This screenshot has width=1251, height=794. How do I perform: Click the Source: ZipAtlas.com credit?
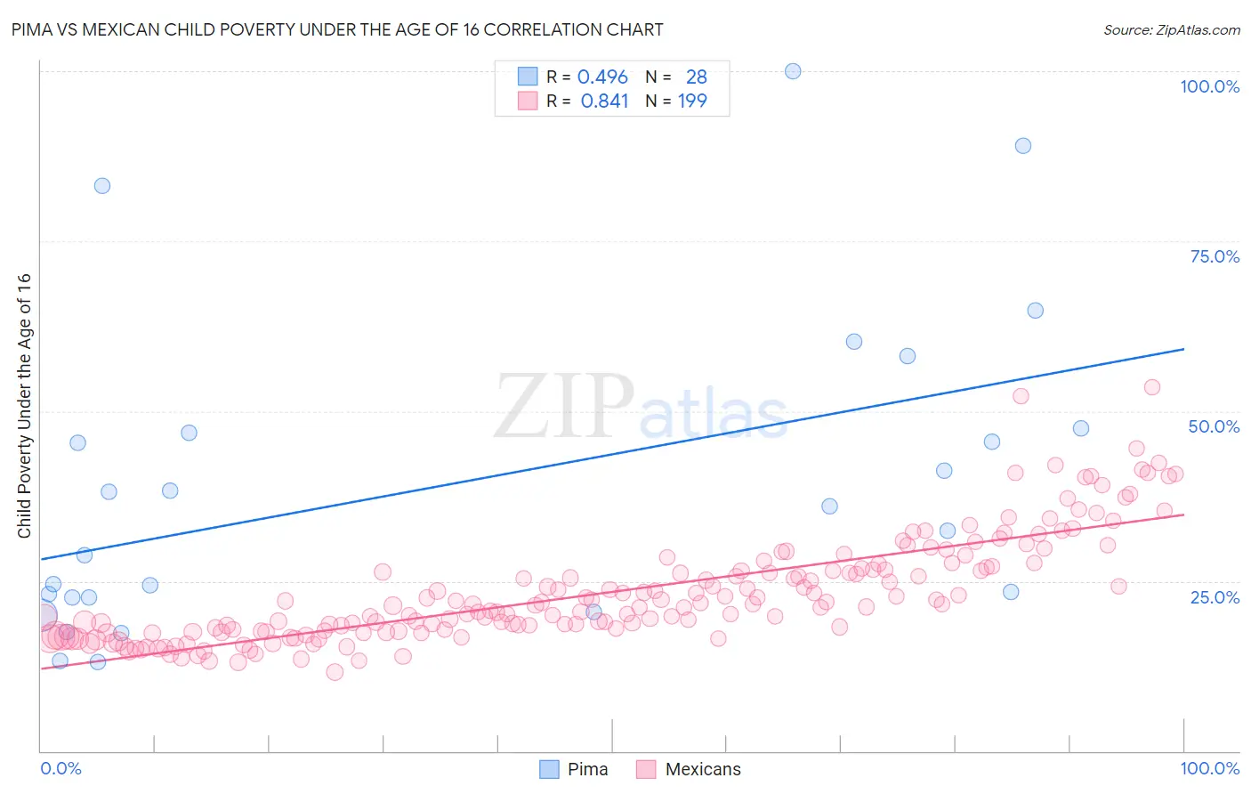click(1171, 29)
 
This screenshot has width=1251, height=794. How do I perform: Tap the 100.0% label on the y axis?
click(1209, 86)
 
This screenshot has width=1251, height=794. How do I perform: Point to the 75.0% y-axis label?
click(1215, 256)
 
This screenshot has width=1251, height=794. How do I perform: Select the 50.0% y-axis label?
click(1214, 426)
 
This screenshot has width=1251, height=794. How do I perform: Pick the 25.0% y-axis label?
click(1215, 596)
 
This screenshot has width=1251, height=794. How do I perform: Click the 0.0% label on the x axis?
click(61, 768)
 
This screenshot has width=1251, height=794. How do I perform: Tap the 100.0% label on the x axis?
click(1209, 768)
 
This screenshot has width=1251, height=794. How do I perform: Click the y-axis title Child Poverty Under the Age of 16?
click(24, 405)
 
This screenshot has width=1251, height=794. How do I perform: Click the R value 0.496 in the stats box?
click(602, 77)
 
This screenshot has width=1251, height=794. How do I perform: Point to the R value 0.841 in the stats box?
click(604, 101)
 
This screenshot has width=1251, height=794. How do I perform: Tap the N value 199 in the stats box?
click(692, 101)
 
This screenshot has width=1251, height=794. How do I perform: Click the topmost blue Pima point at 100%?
click(793, 71)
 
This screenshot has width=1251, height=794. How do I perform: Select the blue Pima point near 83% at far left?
click(102, 186)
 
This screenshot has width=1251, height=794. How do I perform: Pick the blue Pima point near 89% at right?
click(1023, 146)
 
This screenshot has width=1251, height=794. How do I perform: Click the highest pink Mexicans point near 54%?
click(1152, 387)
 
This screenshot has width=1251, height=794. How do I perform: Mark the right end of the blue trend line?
click(1183, 349)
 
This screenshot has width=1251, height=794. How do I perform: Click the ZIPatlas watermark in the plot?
click(641, 408)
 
